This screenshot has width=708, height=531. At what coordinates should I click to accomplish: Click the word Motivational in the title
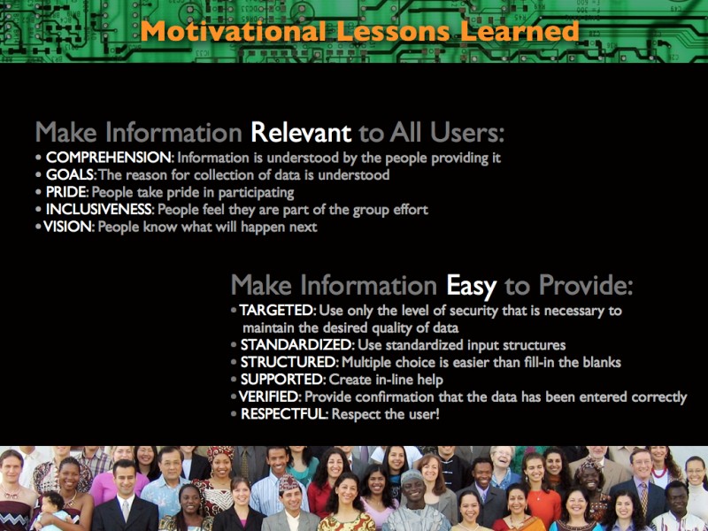(x=233, y=32)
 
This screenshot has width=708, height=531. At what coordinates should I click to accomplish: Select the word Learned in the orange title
(x=519, y=32)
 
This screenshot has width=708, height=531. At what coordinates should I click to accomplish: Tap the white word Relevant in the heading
(x=301, y=132)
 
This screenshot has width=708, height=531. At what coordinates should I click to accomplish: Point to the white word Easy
(x=472, y=286)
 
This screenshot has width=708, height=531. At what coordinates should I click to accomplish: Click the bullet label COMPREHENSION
(x=109, y=158)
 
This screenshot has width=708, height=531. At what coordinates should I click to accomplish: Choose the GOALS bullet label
(x=71, y=174)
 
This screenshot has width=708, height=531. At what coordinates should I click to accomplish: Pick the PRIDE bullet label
(x=67, y=192)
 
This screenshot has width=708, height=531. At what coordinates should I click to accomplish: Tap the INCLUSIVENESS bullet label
(x=100, y=209)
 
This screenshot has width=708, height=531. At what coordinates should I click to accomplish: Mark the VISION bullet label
(x=69, y=227)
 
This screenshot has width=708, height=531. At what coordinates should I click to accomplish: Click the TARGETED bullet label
(x=277, y=311)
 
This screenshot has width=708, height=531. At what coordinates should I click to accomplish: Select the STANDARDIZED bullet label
(x=297, y=345)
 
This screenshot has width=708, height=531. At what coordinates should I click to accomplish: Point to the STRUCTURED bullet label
(x=289, y=362)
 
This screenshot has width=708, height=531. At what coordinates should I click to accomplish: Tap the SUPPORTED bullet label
(x=282, y=380)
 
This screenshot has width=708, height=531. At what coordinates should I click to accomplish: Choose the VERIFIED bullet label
(x=269, y=396)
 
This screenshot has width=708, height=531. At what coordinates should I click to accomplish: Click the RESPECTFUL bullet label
(x=284, y=413)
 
